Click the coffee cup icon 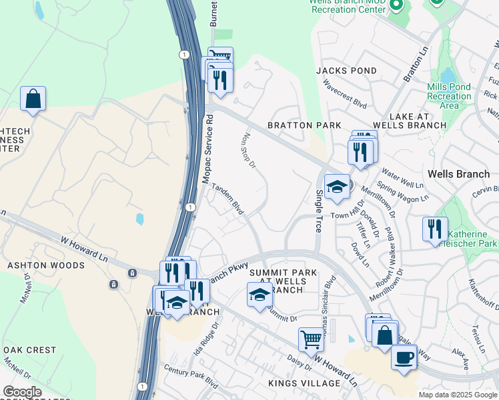tap(404, 357)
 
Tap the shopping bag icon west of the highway tap(33, 99)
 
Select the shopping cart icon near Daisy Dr tap(311, 339)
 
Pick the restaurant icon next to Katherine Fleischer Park tap(435, 229)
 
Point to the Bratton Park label tap(304, 125)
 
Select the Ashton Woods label tap(45, 265)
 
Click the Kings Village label tap(304, 383)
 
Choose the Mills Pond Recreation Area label tap(449, 96)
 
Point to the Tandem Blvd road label tap(227, 198)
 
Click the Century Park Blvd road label tap(191, 377)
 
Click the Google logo tap(22, 392)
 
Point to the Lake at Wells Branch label tap(409, 121)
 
